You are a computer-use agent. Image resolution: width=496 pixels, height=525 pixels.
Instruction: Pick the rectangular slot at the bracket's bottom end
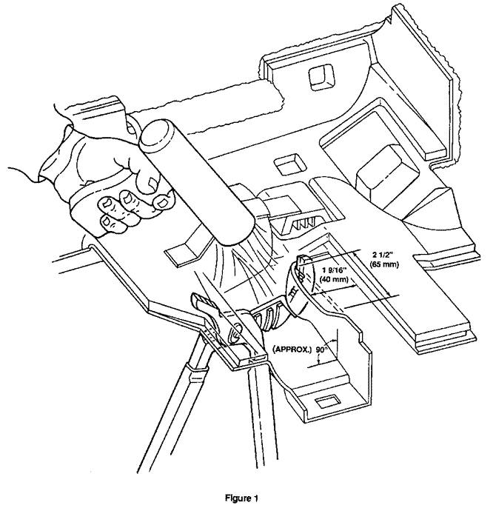(x=327, y=403)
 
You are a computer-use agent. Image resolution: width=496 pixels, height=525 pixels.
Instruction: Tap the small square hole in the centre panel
(x=285, y=161)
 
